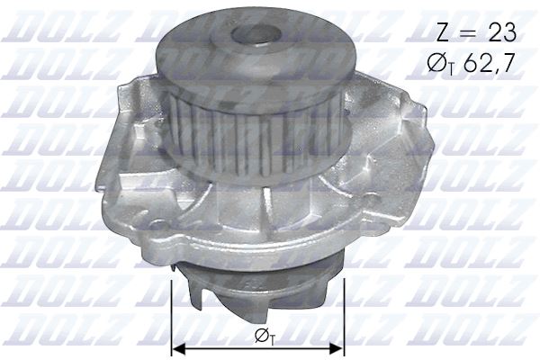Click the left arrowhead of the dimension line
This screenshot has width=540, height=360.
(176, 348)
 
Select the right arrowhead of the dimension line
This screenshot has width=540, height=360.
(338, 348)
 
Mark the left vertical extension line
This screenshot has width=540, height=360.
(171, 315)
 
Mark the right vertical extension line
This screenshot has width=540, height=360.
(344, 315)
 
